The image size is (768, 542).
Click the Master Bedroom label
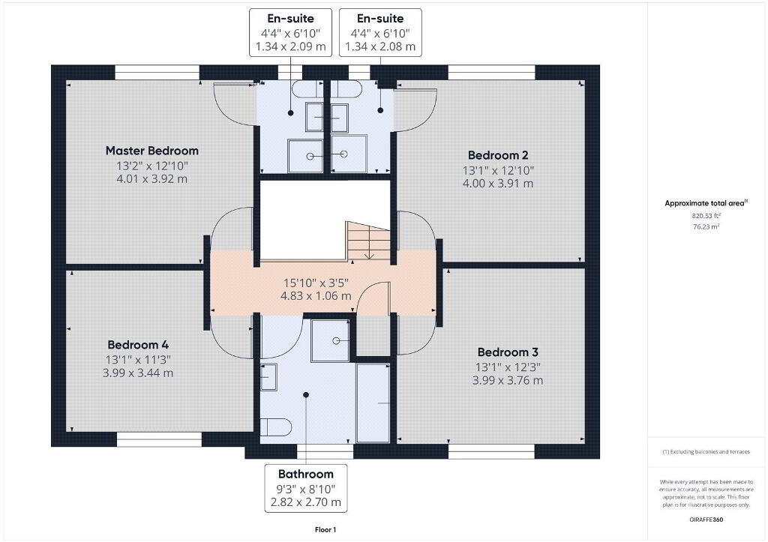151,151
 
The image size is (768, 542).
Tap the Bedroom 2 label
498,155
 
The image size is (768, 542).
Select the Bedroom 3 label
508,352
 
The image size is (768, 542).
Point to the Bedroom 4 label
138,345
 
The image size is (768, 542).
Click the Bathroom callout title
306,474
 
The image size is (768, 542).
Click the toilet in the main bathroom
276,427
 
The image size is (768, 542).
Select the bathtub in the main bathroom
373,403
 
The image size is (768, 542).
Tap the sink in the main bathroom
268,376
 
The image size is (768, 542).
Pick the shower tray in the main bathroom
331,341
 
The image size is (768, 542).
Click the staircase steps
367,241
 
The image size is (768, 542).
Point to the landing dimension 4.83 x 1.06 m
316,295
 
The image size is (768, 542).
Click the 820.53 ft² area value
706,215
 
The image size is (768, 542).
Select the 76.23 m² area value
706,226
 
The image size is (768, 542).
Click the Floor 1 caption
325,530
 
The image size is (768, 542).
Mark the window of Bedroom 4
159,439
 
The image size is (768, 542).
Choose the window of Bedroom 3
492,451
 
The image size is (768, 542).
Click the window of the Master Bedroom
157,73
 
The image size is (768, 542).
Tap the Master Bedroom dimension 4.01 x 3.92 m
151,178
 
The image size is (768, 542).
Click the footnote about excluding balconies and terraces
706,452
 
